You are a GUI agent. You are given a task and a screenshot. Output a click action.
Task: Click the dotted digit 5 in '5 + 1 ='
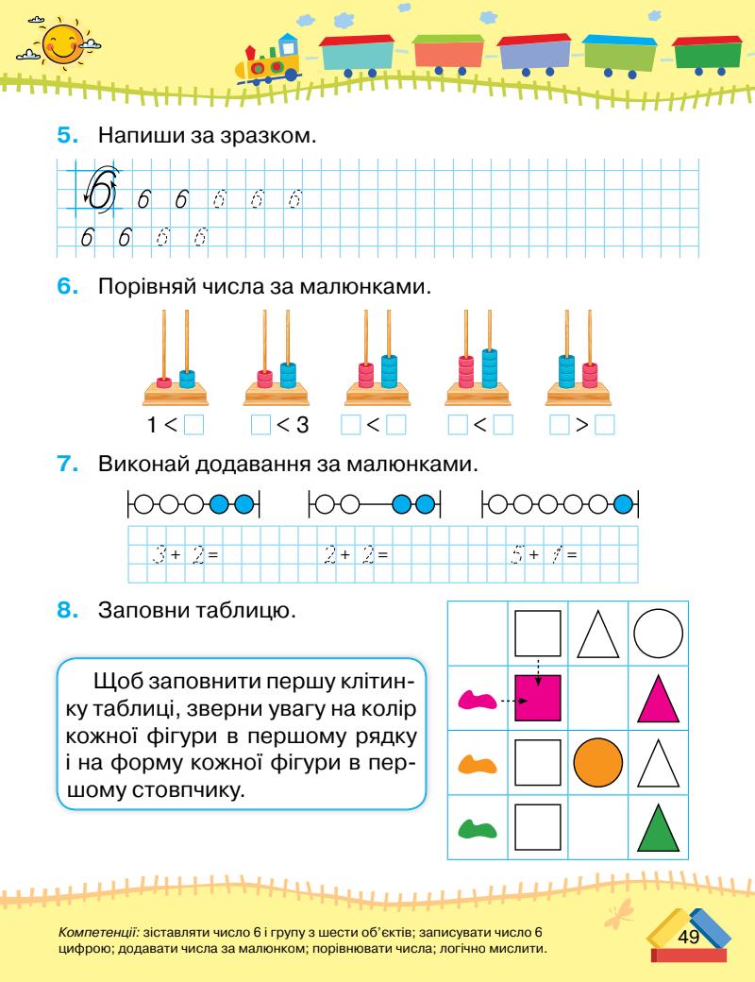(x=518, y=551)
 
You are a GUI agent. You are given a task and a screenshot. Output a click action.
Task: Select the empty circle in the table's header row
(x=661, y=634)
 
